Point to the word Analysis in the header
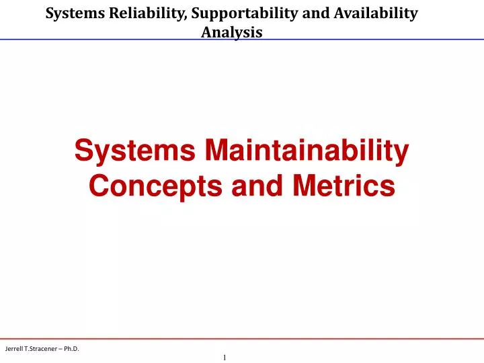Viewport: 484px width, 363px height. (x=232, y=32)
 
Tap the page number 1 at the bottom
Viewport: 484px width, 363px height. (x=225, y=358)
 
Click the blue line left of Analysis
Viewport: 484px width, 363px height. (x=101, y=39)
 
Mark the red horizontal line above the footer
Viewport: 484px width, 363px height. (x=242, y=338)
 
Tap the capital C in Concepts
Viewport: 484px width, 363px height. (x=98, y=186)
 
